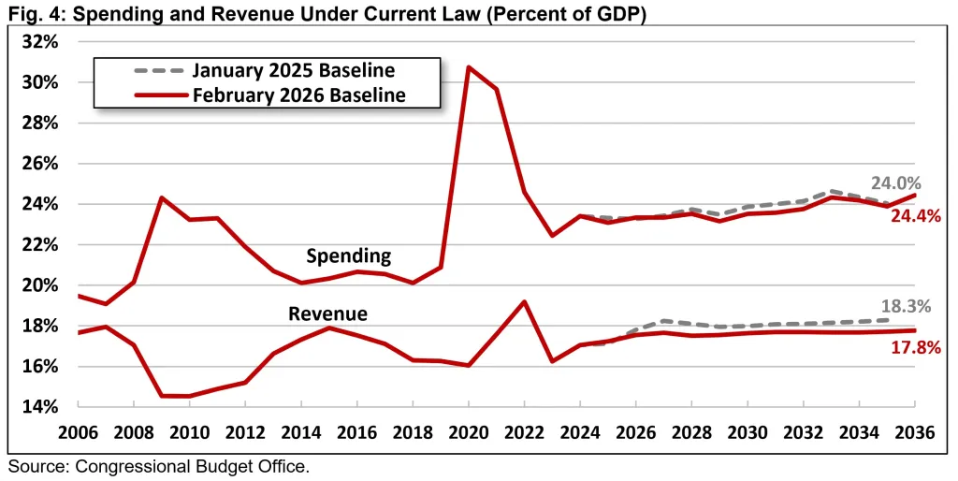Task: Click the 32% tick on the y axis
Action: click(x=39, y=42)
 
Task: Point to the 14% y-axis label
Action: click(x=39, y=407)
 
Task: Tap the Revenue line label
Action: click(x=327, y=313)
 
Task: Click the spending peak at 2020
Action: click(x=468, y=67)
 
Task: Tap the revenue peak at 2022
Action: click(x=524, y=301)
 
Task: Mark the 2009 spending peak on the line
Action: click(x=162, y=197)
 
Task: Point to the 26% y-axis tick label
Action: click(x=39, y=164)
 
